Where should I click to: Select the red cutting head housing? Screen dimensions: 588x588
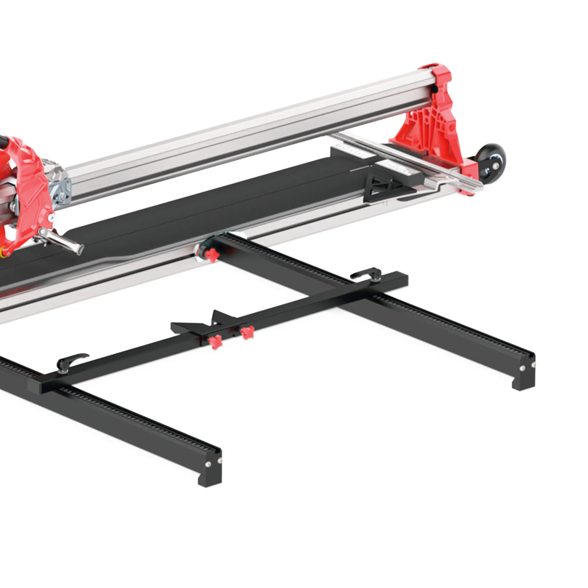pos(24,189)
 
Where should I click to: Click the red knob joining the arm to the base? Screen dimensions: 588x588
pos(211,255)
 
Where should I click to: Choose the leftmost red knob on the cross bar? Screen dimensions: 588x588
pos(215,341)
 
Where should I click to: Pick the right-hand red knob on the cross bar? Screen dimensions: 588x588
pos(248,332)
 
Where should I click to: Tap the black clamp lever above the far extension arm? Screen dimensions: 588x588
pos(366,275)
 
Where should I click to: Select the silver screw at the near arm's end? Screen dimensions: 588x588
pos(208,464)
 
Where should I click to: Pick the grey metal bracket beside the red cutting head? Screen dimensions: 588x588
pos(62,189)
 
